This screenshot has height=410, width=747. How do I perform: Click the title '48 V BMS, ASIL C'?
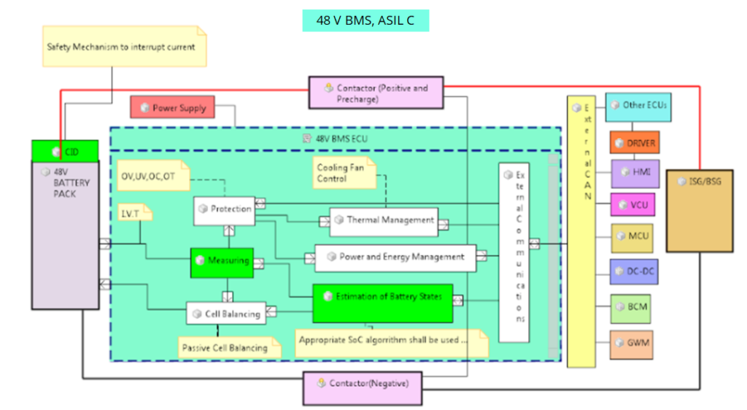point(365,20)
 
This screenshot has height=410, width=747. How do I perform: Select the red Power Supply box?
point(173,108)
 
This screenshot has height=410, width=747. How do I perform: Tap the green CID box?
point(65,152)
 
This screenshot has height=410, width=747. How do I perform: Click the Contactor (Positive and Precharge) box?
point(376,93)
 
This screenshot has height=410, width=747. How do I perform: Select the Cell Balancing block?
point(226,314)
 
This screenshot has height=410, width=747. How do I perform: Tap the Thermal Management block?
point(384,220)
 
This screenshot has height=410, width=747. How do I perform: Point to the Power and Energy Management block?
point(395,258)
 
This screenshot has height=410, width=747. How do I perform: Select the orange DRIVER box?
point(634,143)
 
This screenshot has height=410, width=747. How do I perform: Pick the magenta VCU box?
point(632,205)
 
